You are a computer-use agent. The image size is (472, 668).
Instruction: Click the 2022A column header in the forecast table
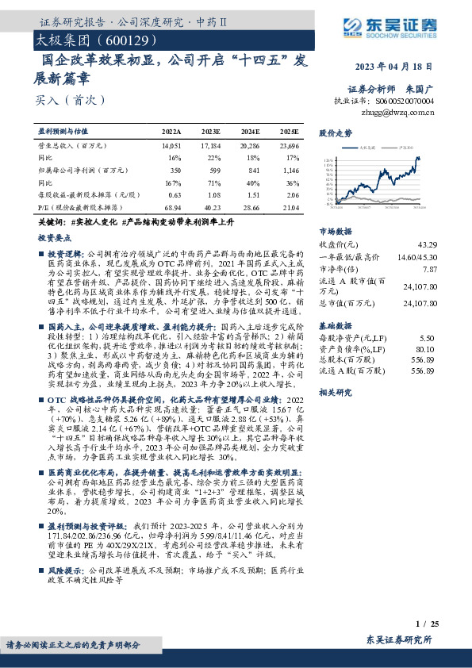click(x=171, y=131)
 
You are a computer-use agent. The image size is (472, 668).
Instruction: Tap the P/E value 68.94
click(x=171, y=208)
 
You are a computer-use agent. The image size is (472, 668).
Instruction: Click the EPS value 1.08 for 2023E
click(x=212, y=195)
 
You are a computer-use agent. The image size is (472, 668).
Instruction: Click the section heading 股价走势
click(x=336, y=133)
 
